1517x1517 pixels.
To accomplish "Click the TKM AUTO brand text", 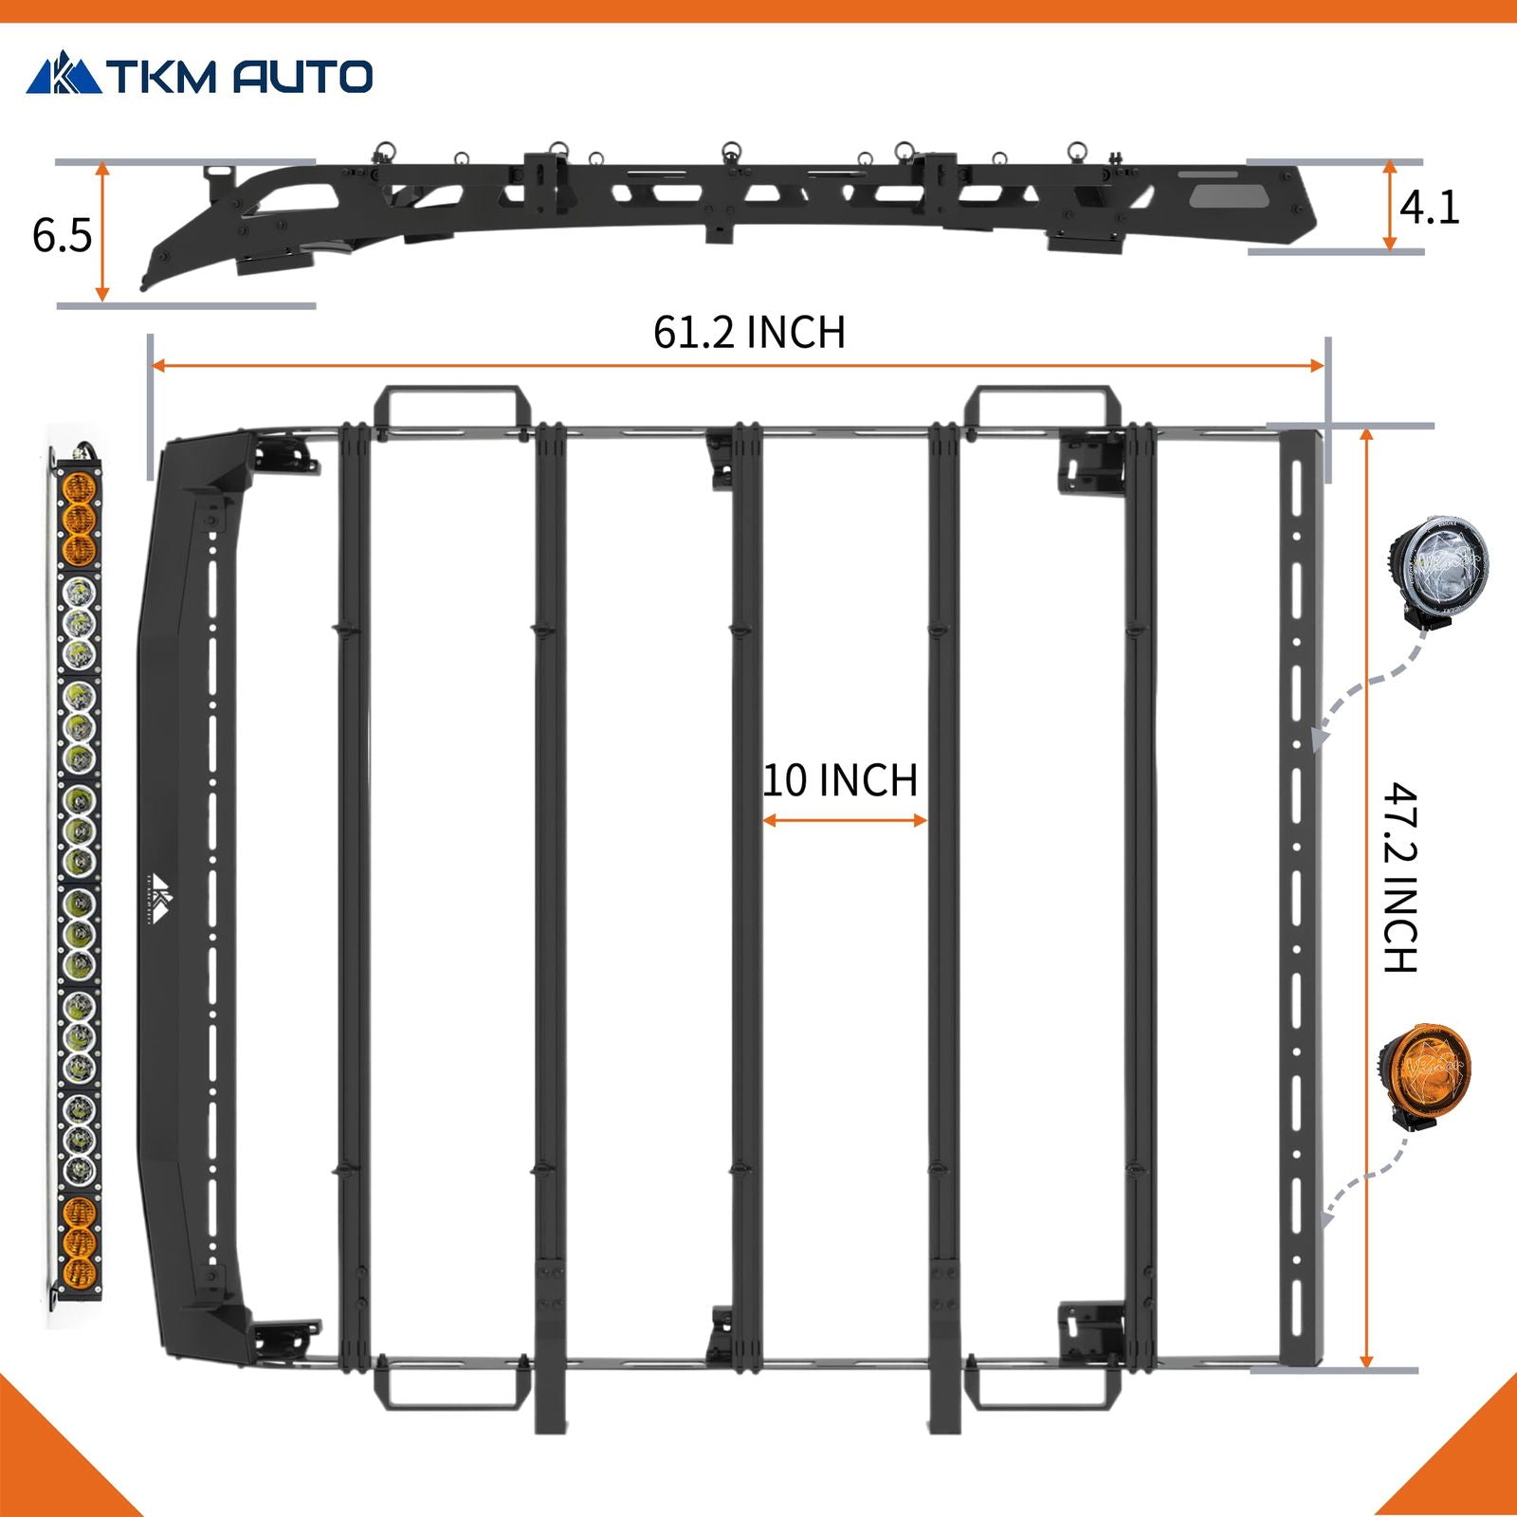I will (239, 77).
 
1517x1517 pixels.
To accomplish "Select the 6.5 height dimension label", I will (62, 234).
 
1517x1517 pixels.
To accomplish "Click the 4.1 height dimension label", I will (1429, 208).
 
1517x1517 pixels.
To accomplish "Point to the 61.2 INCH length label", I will (749, 333).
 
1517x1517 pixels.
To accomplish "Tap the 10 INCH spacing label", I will (841, 780).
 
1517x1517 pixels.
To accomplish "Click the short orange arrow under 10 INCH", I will (844, 820).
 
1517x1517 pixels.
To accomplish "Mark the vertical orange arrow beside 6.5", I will (102, 232).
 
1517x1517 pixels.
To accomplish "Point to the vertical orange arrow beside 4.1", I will (1389, 206).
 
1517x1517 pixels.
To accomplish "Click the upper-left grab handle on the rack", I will (447, 409).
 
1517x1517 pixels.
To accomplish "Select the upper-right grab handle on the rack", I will (1042, 409).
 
